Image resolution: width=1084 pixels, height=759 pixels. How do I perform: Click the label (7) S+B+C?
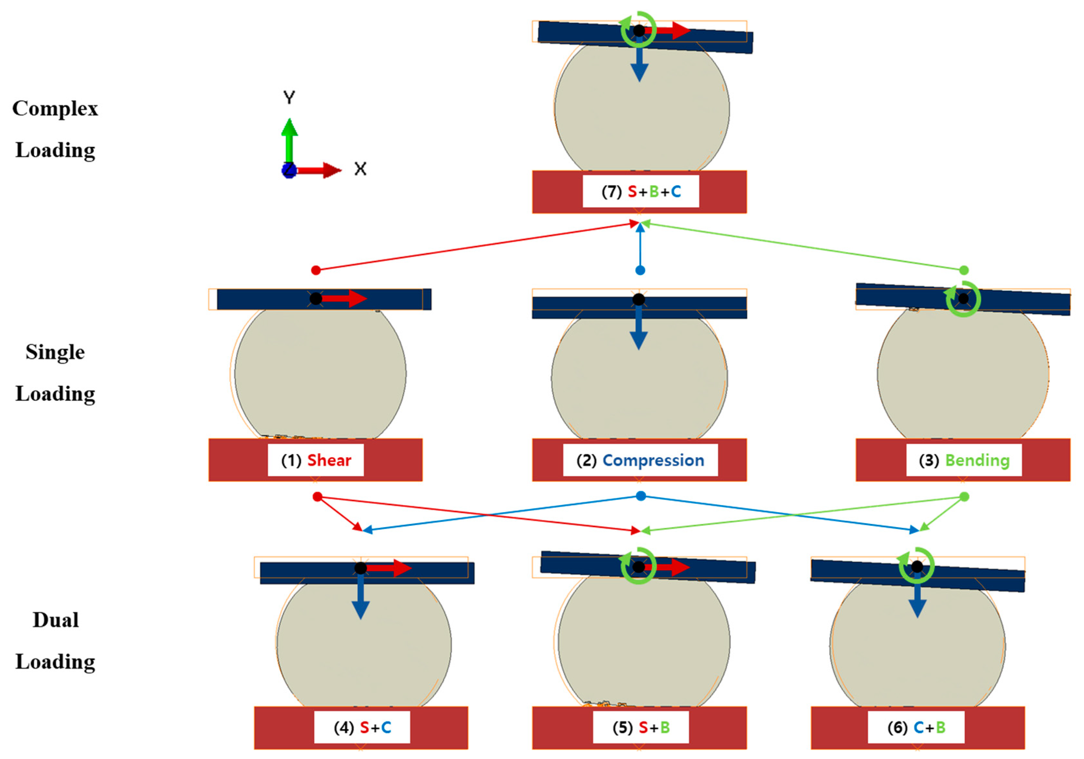641,192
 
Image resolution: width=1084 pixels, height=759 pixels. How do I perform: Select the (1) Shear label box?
315,460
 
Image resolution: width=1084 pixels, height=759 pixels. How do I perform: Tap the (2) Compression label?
640,460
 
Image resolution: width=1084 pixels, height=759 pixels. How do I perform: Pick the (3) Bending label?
964,460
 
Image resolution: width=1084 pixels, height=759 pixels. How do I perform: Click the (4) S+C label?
362,727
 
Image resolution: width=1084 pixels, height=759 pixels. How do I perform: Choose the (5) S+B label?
641,727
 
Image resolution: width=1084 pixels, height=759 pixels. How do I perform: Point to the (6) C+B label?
916,727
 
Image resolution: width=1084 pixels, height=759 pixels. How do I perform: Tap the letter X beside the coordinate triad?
360,169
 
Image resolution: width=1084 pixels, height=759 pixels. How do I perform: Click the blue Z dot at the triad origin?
288,170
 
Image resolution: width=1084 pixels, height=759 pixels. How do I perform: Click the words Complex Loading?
55,129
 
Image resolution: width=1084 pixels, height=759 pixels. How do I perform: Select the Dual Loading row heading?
55,641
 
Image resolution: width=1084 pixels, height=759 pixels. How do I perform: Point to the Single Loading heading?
55,373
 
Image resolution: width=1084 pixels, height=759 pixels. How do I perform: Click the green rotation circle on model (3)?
963,299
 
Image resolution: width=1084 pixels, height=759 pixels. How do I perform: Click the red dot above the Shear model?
316,270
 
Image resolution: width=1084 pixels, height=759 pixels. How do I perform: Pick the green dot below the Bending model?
965,497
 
